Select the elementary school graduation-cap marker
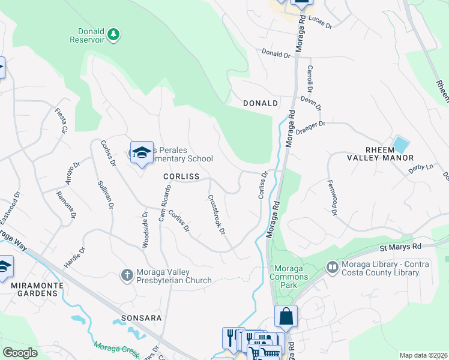click(142, 153)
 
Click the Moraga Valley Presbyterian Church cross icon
click(127, 275)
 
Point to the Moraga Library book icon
click(331, 266)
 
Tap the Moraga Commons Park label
click(291, 277)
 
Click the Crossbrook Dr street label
click(216, 214)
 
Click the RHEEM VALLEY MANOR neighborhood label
click(381, 153)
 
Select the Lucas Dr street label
click(321, 22)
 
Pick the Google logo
click(20, 353)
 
